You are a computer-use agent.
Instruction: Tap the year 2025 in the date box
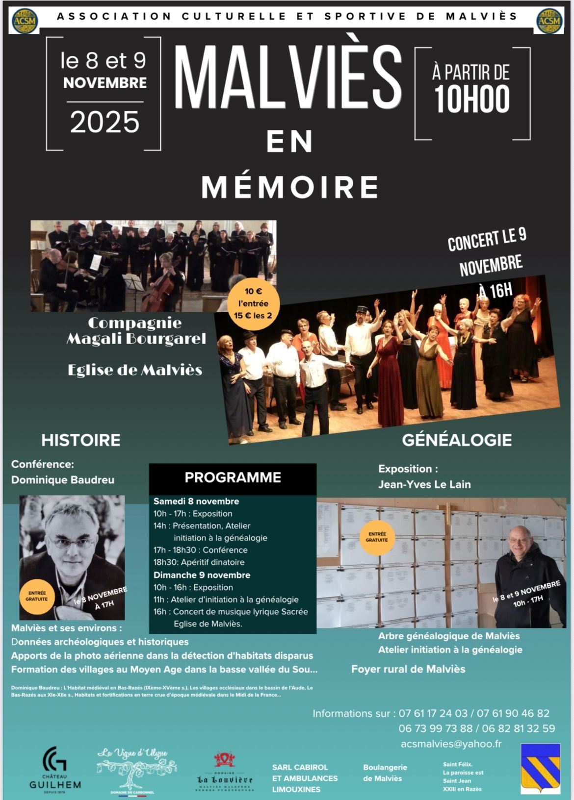point(104,123)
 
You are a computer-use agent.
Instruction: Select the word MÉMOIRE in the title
point(290,186)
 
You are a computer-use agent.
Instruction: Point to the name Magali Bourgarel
point(136,339)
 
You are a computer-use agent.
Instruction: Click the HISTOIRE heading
point(81,440)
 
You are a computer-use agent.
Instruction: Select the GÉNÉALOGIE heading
point(457,440)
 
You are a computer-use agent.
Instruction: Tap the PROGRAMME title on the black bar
point(233,477)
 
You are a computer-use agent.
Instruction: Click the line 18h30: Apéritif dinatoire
point(199,562)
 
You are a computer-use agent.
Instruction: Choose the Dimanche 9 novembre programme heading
point(202,575)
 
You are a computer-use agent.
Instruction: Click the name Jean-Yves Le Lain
point(424,484)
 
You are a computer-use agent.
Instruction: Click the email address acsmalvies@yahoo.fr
point(451,744)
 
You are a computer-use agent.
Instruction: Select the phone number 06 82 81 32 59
point(519,728)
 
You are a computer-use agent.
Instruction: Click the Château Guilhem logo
point(55,768)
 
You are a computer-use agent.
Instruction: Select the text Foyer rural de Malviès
point(408,669)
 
